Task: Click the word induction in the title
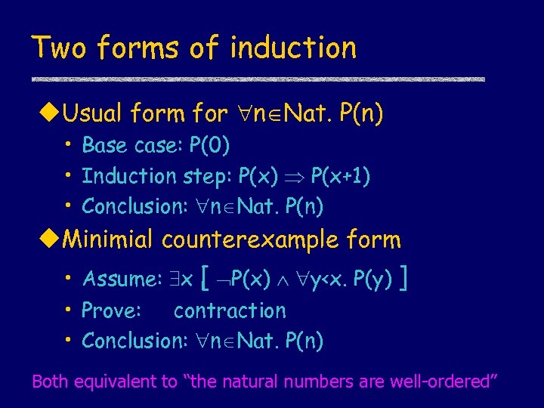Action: coord(293,48)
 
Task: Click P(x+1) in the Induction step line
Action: coord(341,175)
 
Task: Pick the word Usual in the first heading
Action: coord(94,114)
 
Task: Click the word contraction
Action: coord(230,311)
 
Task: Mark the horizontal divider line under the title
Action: coord(257,79)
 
